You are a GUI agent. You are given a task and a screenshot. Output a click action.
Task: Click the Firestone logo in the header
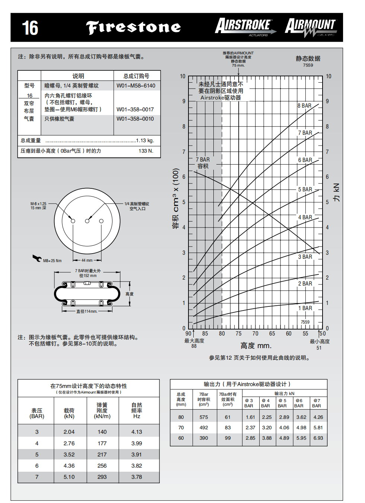133,28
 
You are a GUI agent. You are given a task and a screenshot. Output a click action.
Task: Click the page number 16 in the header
30,28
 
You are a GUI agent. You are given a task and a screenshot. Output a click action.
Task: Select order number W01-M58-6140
136,86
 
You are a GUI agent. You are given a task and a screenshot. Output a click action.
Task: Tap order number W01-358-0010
135,119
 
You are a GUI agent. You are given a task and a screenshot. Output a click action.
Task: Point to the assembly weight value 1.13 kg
145,140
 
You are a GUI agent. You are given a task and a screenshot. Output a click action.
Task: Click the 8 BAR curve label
304,106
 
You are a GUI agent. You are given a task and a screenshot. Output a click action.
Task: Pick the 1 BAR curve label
305,308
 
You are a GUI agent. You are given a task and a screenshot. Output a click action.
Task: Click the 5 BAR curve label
305,190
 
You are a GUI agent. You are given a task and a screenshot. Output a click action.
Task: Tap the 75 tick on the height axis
238,334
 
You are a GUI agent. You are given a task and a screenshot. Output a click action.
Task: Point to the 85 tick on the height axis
205,334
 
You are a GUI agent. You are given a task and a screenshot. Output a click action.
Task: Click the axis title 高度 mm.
256,346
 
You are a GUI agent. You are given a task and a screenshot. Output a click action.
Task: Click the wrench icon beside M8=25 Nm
37,258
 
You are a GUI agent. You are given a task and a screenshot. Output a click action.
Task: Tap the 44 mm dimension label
87,260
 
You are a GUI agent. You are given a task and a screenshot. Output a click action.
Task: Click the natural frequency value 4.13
137,432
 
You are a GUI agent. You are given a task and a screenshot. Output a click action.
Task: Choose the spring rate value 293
102,477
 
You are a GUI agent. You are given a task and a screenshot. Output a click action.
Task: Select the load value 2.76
69,443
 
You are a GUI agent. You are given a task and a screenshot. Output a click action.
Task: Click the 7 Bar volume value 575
204,417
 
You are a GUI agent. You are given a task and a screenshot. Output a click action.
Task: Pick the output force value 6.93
318,438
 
